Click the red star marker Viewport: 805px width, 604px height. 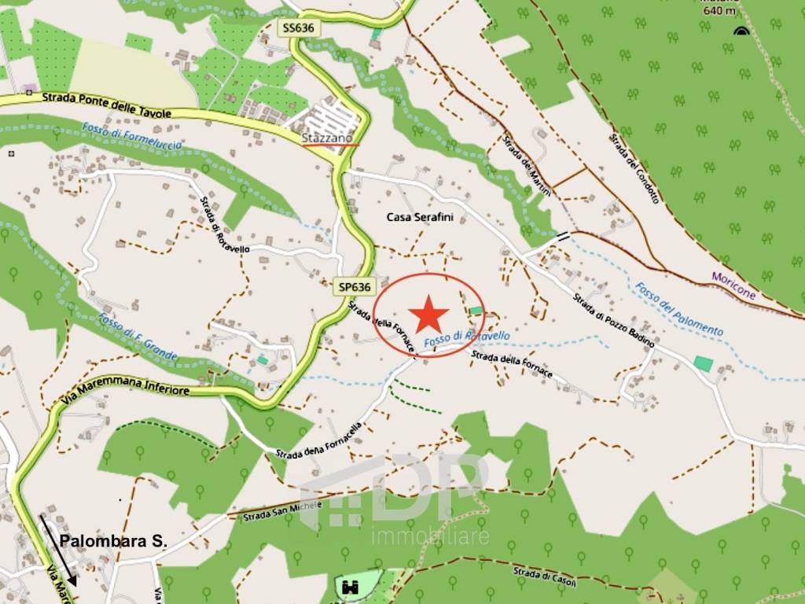coord(428,315)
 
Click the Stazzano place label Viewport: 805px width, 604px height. coord(330,138)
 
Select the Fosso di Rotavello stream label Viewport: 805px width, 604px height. coord(467,339)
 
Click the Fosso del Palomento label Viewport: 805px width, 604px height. coord(678,309)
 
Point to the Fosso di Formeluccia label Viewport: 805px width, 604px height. coord(131,139)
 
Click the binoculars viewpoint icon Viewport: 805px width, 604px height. coord(351,586)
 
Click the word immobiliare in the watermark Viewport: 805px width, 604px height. coord(430,537)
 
